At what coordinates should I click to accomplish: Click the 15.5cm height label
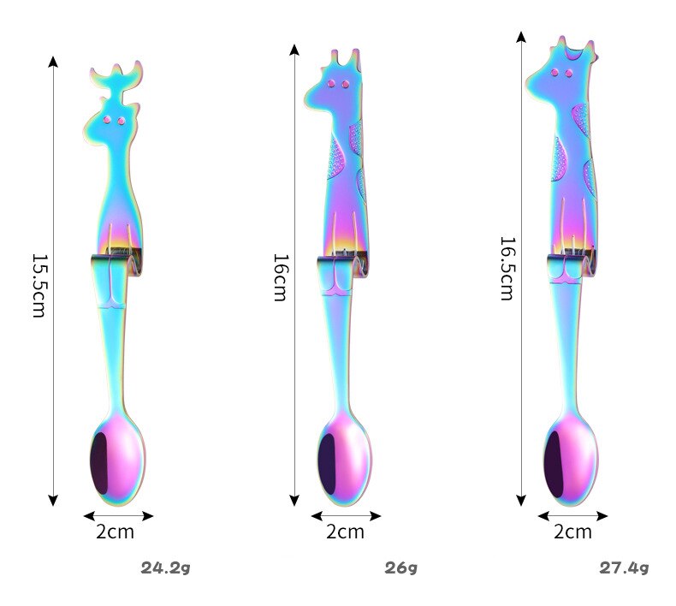pos(39,285)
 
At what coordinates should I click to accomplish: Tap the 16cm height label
pos(280,277)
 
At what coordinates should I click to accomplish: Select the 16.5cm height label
pos(507,268)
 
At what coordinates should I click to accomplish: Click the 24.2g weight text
pos(165,567)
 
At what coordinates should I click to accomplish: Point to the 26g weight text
pos(401,567)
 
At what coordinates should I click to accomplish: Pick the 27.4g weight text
pos(624,567)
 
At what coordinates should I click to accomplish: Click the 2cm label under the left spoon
pos(115,532)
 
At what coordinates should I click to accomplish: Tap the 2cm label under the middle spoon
pos(345,532)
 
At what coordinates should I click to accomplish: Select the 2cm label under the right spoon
pos(572,532)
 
